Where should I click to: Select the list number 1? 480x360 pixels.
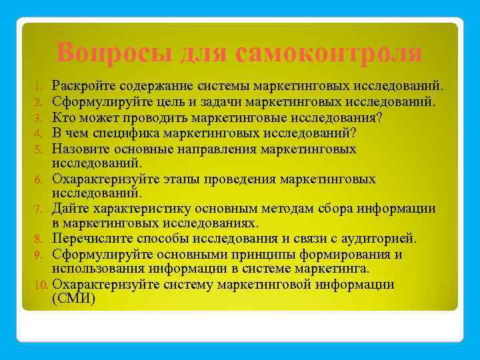(x=39, y=87)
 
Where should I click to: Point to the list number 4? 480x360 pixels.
(x=39, y=133)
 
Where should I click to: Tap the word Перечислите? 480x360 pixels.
(x=94, y=239)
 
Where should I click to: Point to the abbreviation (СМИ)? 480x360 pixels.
(x=73, y=299)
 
